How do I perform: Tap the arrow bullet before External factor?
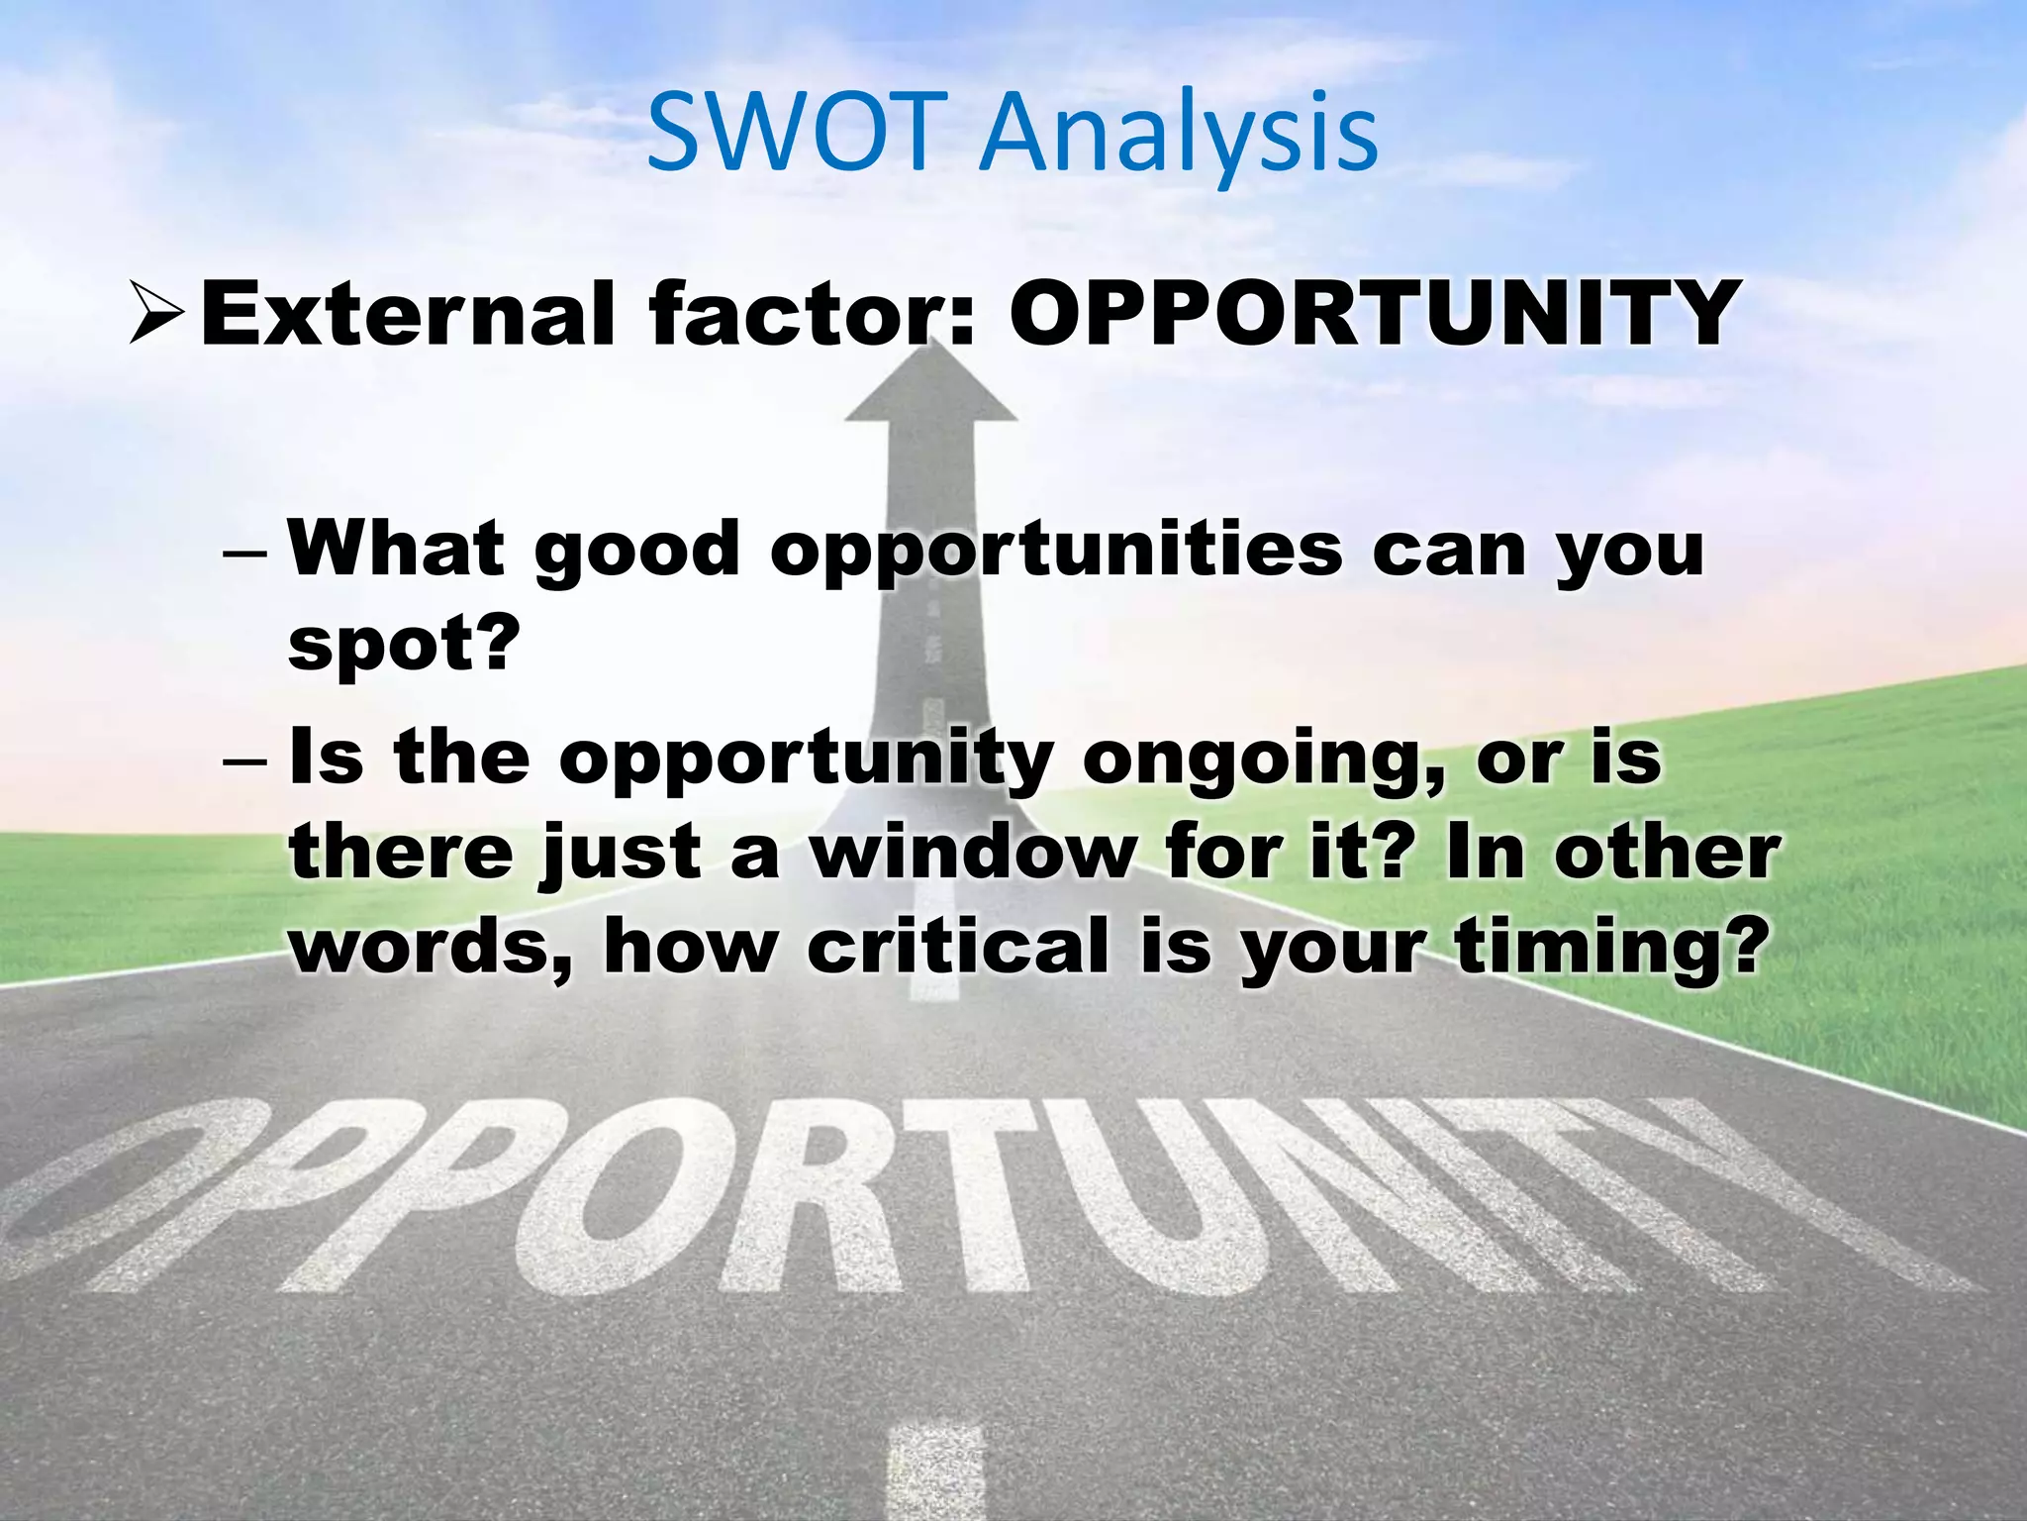(x=157, y=313)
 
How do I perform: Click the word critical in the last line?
(x=958, y=947)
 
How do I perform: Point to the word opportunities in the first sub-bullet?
(x=1056, y=549)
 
